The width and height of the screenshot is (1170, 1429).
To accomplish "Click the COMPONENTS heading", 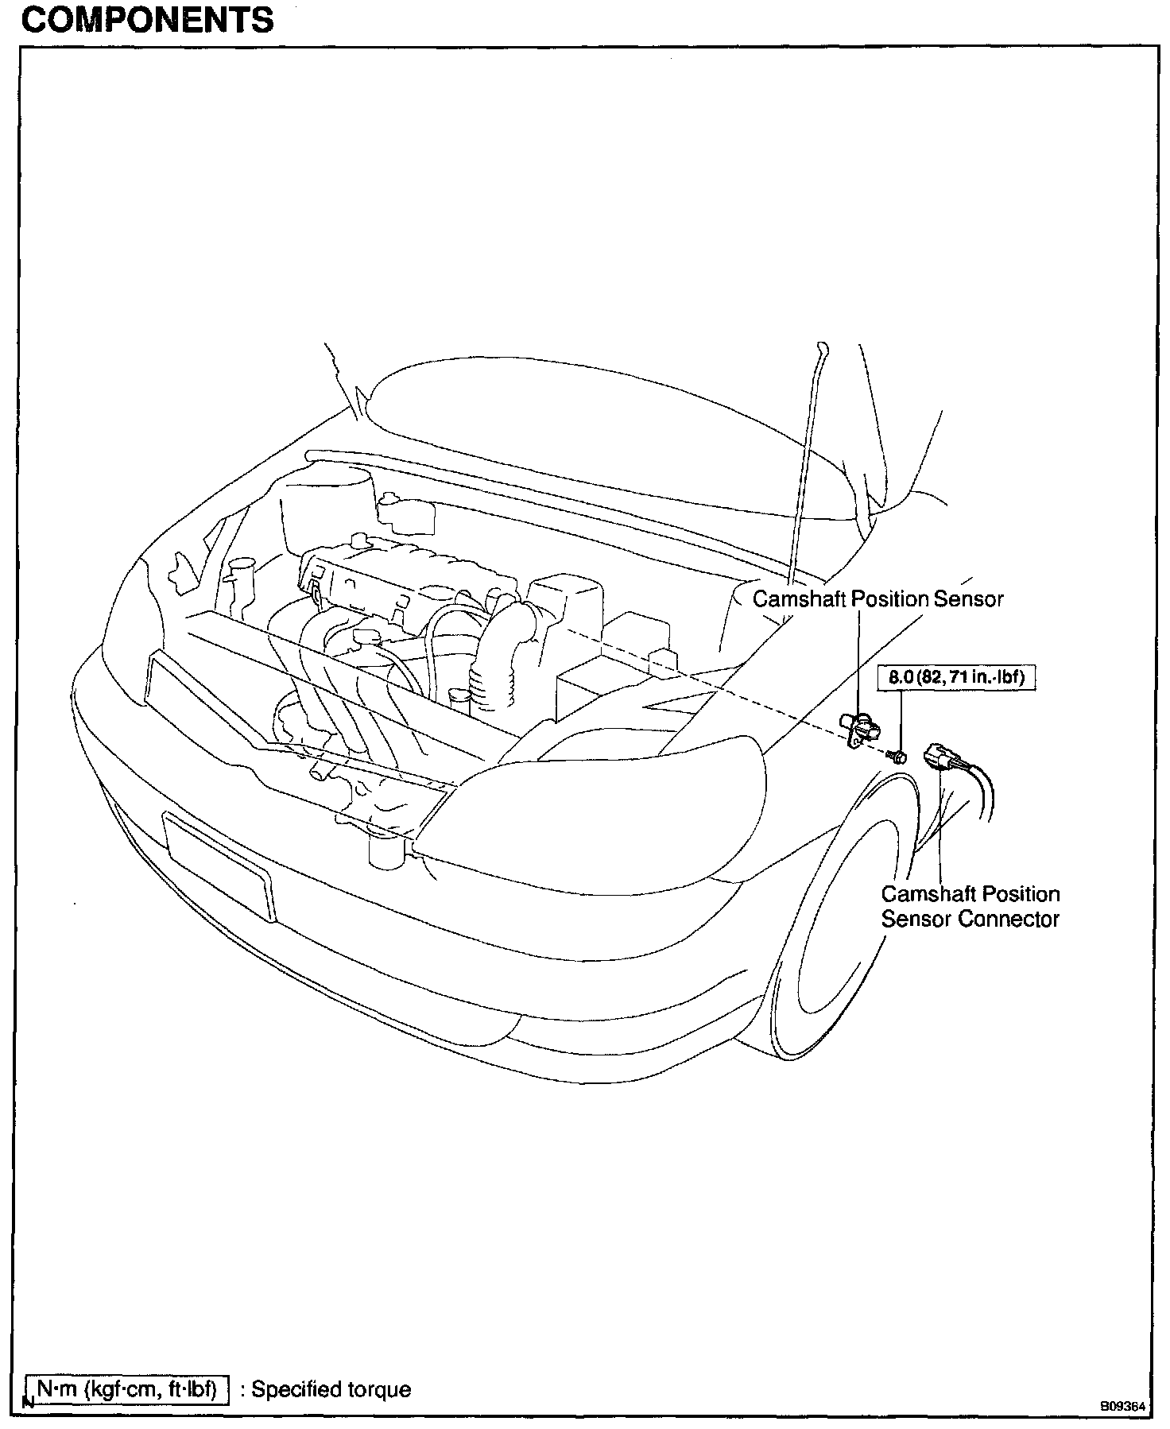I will coord(147,20).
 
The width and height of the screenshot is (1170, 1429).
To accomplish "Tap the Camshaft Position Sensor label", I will coord(877,598).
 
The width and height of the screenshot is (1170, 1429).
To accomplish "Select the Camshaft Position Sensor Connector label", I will coord(970,906).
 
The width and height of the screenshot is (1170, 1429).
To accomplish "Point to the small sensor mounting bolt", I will coord(898,754).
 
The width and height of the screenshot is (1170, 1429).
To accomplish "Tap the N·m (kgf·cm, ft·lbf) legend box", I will coord(126,1388).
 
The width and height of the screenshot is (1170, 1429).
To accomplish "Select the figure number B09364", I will coord(1122,1405).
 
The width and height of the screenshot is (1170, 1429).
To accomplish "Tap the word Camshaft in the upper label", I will coord(800,598).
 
